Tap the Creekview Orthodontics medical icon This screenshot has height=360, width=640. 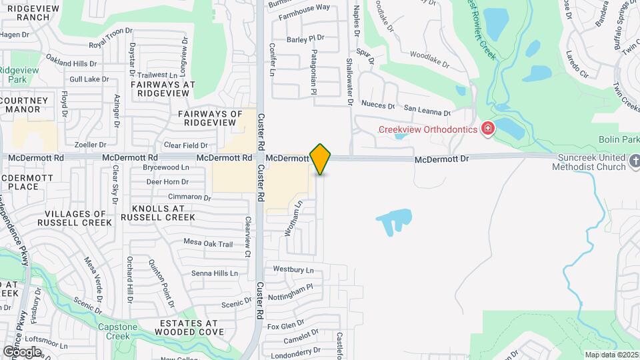point(488,128)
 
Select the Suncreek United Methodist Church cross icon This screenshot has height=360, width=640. point(633,161)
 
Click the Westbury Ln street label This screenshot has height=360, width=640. point(293,270)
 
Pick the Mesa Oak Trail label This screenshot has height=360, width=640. point(207,243)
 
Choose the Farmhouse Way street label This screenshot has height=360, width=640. point(304,7)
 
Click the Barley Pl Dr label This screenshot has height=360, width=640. point(305,38)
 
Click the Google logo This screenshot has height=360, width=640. point(22,351)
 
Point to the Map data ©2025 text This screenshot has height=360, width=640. point(611,355)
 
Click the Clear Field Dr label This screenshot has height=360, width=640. point(185,145)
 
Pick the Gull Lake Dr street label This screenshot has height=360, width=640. point(89,79)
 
